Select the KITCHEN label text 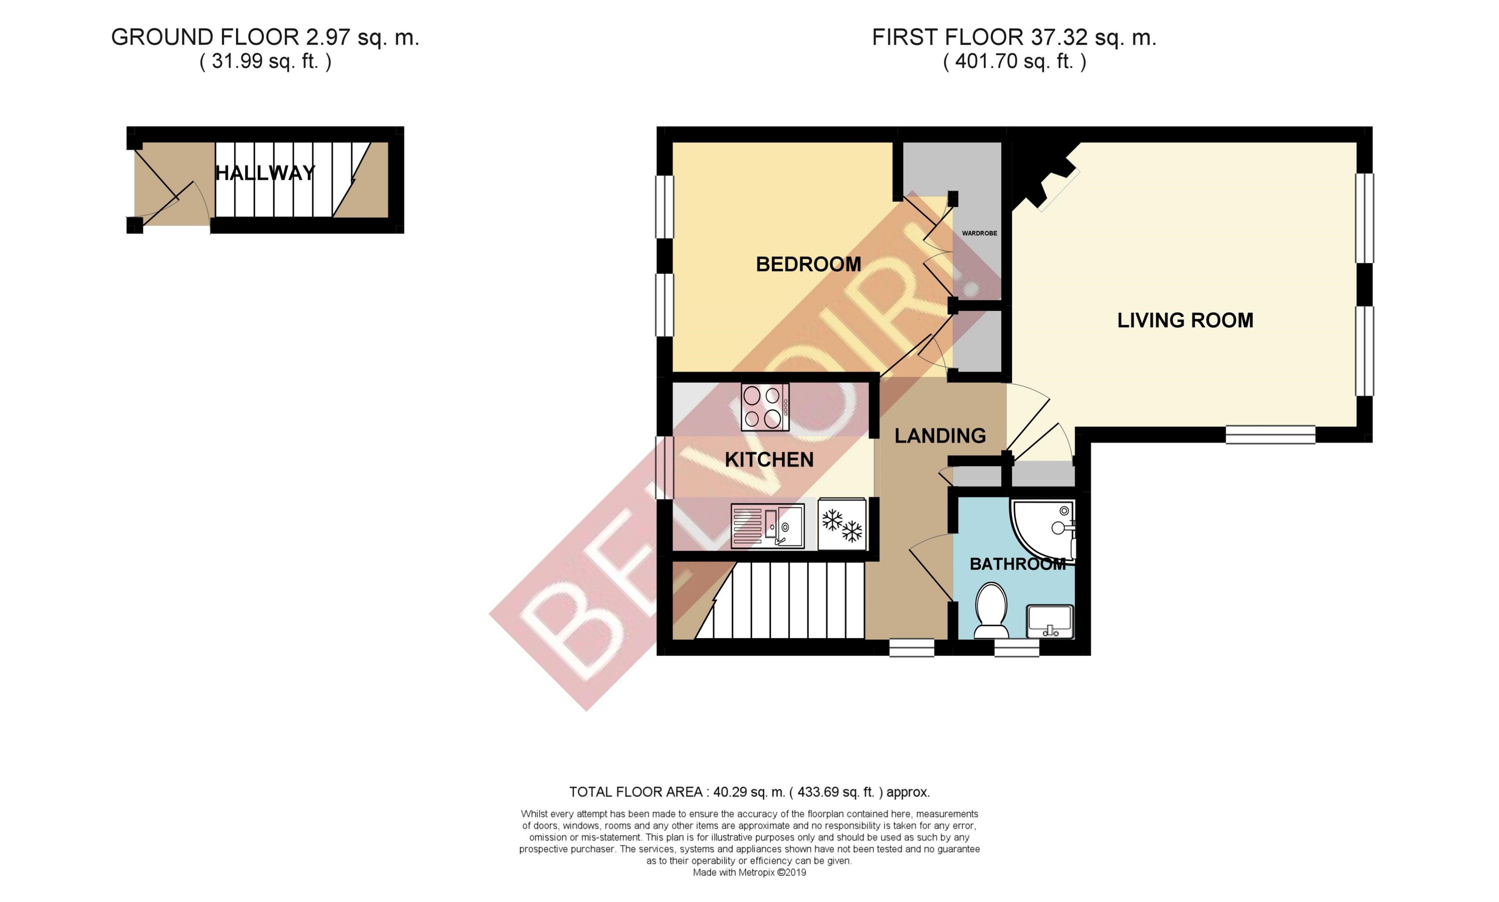tap(769, 460)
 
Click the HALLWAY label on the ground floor tap(265, 173)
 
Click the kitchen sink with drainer tap(767, 526)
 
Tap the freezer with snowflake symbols tap(841, 524)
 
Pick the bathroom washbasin tap(1049, 621)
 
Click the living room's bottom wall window tap(1269, 435)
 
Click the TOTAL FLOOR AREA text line tap(749, 792)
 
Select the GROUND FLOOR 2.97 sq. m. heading tap(265, 38)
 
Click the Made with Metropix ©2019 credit tap(749, 872)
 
